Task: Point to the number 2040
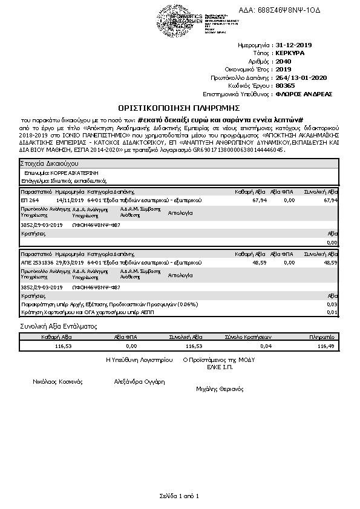pyautogui.click(x=282, y=61)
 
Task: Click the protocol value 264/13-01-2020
pyautogui.click(x=301, y=77)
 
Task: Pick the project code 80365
pyautogui.click(x=284, y=86)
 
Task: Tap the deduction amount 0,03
pyautogui.click(x=332, y=304)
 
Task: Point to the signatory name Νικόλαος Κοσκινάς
pyautogui.click(x=57, y=382)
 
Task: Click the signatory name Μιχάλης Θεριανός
pyautogui.click(x=220, y=389)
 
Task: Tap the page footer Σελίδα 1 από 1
pyautogui.click(x=179, y=496)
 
